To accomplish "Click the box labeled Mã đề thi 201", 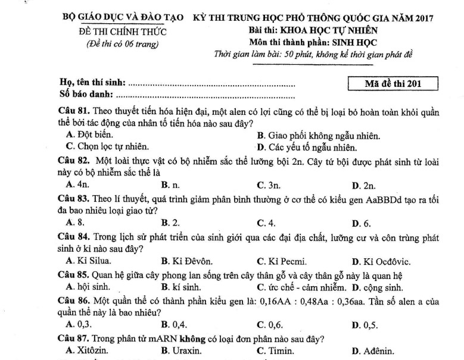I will [393, 83].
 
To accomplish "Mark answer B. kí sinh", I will [180, 286].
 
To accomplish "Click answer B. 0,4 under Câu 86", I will [175, 325].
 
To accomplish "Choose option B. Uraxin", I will [181, 350].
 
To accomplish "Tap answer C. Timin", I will [272, 350].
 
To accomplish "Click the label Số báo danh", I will [86, 95].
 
